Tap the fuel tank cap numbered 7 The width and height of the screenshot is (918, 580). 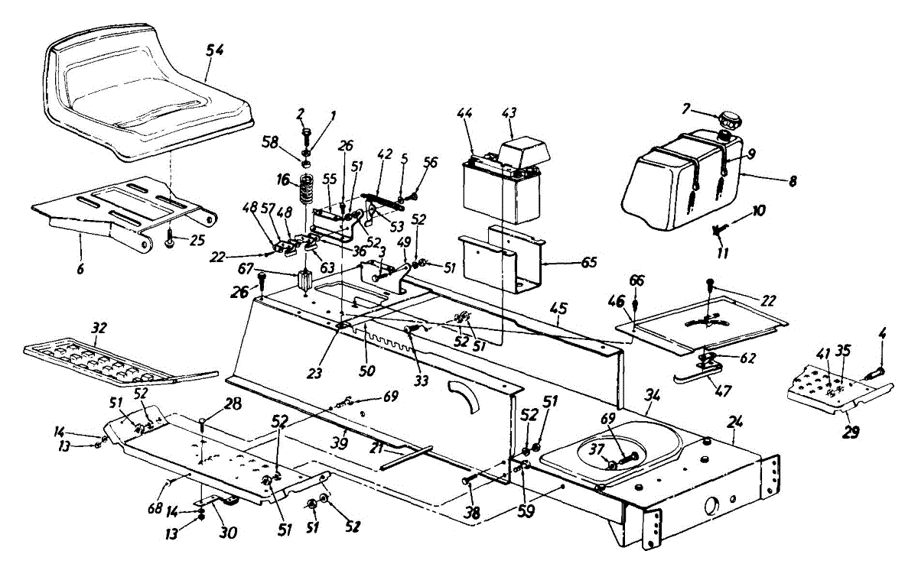730,121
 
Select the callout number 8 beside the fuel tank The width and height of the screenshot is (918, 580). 793,181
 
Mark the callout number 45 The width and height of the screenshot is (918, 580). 559,309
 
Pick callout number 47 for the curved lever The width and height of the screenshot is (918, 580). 721,390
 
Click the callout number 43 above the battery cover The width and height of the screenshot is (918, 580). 508,113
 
